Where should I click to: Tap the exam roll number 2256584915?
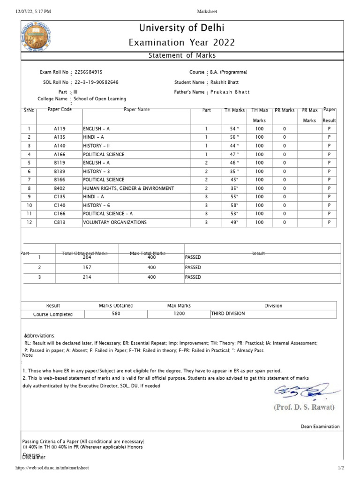pos(89,72)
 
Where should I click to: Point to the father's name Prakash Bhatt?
pos(230,92)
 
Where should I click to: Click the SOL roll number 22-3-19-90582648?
pos(97,82)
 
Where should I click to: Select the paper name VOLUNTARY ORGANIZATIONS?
pos(115,222)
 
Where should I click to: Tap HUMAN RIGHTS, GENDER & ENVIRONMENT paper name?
pos(128,188)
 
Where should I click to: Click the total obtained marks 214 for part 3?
pos(87,277)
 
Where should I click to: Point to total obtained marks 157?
pos(87,267)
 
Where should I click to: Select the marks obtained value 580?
pos(116,314)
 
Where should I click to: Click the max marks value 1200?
pos(179,314)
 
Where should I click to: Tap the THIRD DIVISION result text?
pos(228,314)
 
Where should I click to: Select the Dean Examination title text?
pos(320,427)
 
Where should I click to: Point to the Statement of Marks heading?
pos(182,56)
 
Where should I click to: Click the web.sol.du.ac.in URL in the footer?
pos(52,468)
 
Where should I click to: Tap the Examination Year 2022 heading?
pos(182,43)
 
